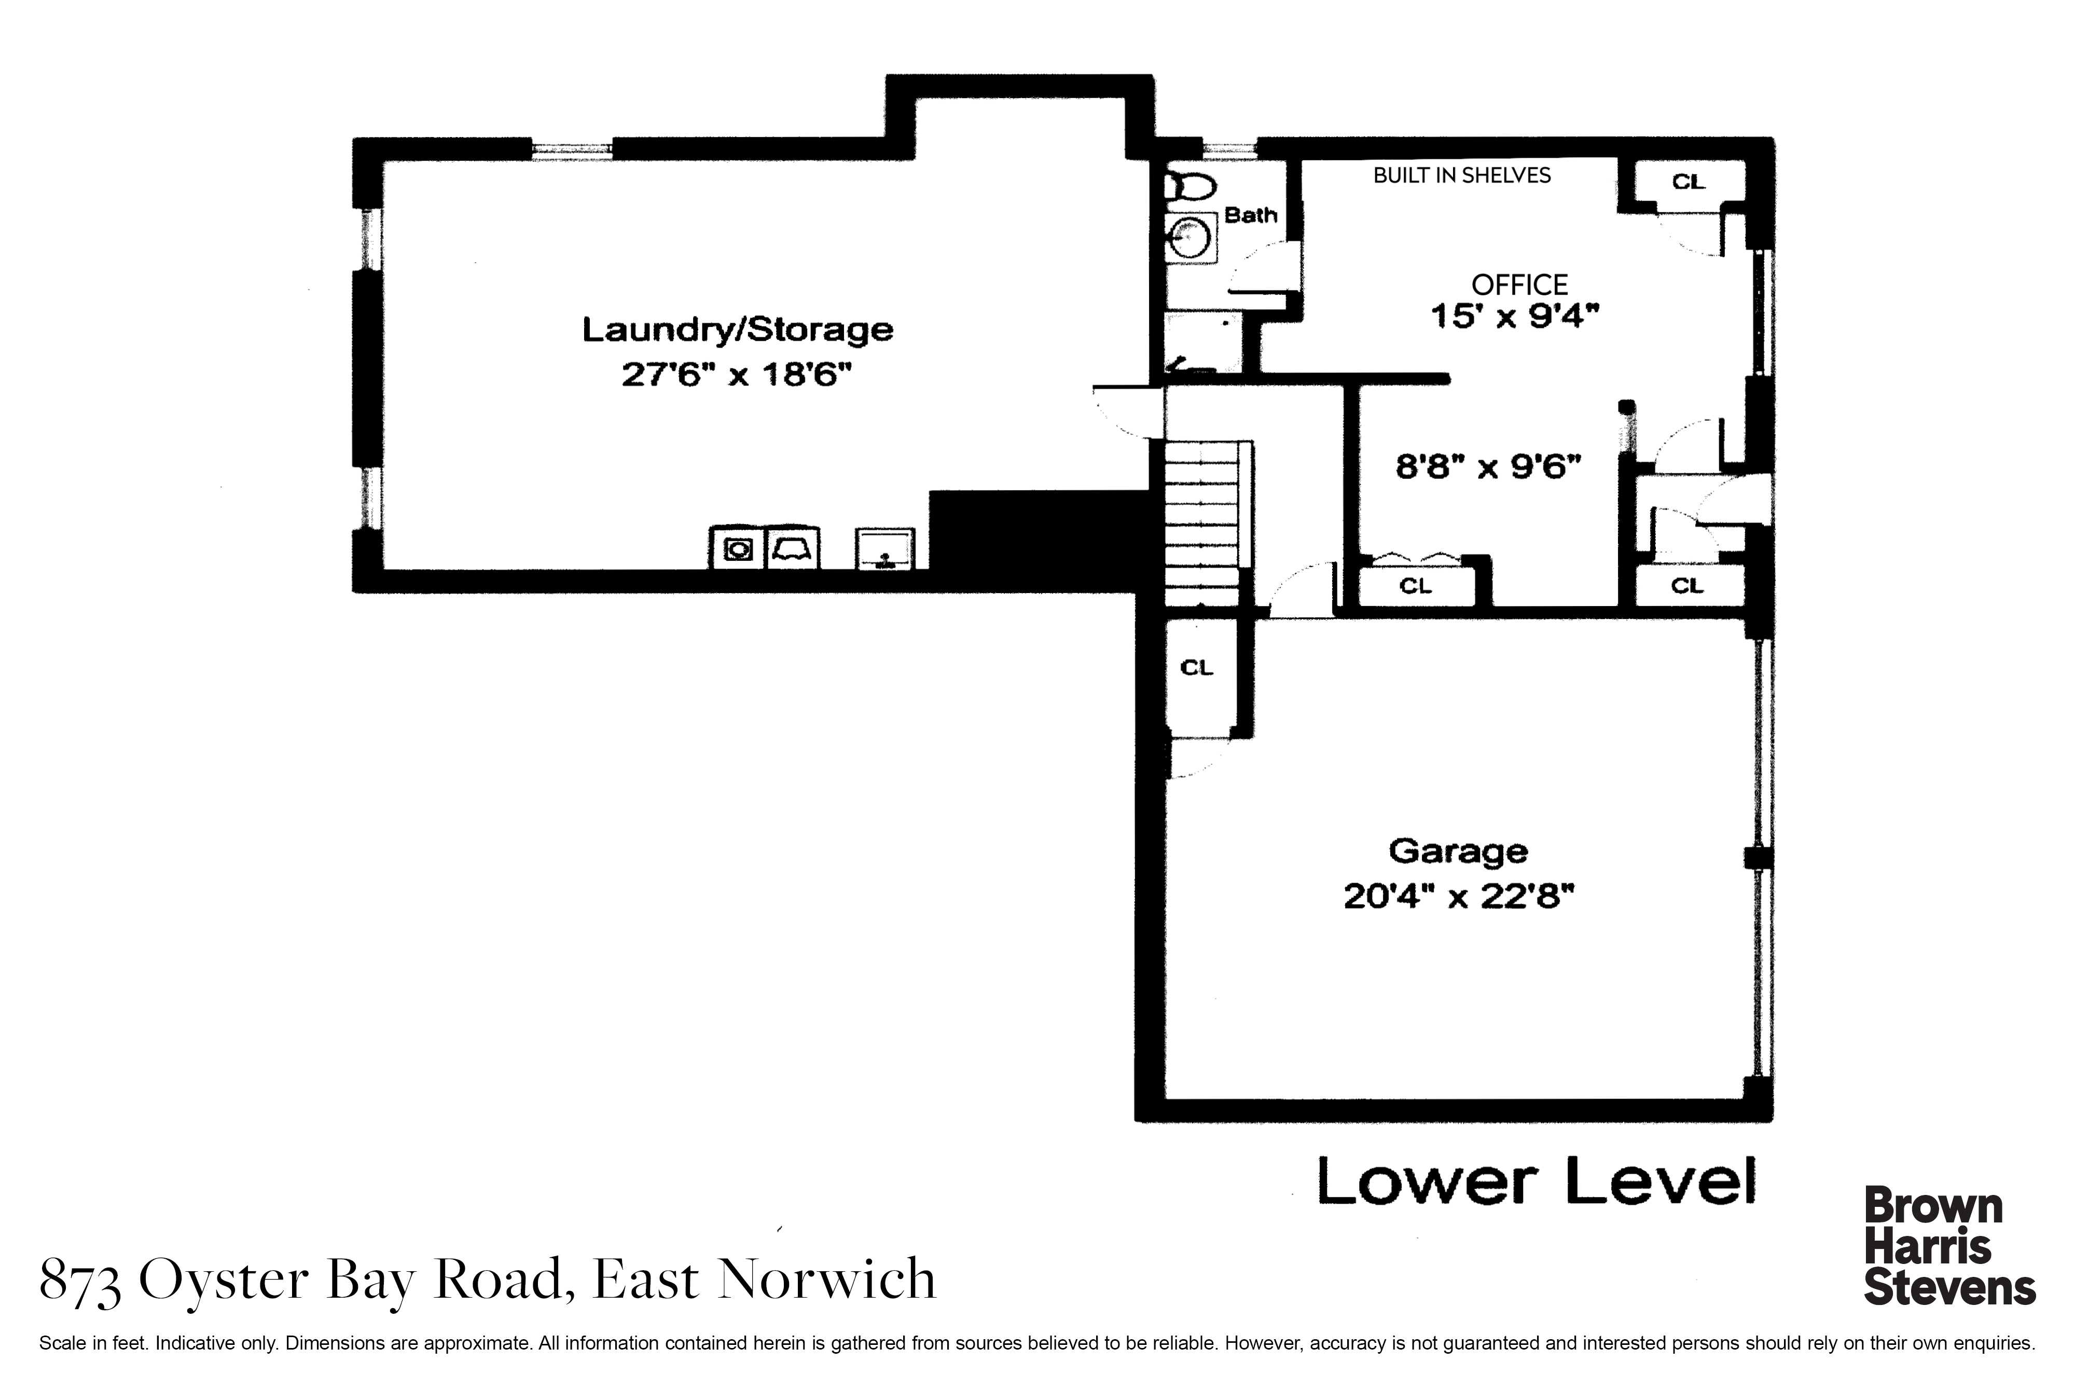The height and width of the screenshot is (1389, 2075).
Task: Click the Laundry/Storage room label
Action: [737, 329]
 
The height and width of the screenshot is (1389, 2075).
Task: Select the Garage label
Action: [1458, 852]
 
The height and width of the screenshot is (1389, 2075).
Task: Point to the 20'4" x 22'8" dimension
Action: [1459, 897]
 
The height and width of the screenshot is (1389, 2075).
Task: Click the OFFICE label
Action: [1520, 285]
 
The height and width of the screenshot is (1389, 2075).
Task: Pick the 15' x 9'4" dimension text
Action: [1515, 316]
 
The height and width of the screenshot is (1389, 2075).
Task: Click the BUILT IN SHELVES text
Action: [1462, 175]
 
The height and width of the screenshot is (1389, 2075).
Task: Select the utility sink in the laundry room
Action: [885, 549]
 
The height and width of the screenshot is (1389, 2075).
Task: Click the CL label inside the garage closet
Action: [1196, 668]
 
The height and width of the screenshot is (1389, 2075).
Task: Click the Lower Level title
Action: [1536, 1181]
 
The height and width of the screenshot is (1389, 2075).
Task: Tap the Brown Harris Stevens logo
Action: [1949, 1246]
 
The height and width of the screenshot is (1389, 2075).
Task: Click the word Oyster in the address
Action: [224, 1280]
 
